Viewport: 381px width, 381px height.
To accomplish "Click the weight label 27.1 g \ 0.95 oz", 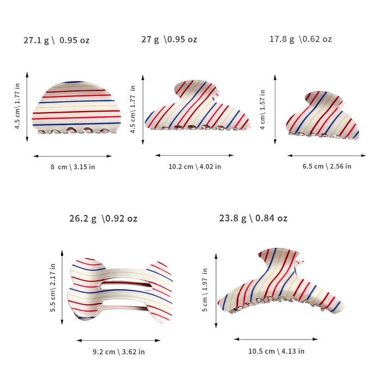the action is point(57,40).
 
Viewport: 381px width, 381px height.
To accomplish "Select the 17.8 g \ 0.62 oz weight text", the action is point(300,39).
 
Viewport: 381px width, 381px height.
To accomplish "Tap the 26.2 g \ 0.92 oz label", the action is point(103,218).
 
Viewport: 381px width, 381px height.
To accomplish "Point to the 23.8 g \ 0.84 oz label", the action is point(253,218).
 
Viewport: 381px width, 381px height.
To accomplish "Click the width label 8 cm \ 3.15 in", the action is point(72,167).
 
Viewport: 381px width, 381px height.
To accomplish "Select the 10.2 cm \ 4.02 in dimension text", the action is point(195,167).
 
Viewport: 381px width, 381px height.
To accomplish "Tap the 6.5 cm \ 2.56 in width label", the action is point(327,167).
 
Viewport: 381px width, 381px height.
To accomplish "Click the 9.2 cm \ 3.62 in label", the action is point(119,352).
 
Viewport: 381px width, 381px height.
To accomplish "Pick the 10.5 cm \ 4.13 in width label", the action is point(276,351).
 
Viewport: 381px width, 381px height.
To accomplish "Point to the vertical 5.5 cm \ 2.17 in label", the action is point(53,288).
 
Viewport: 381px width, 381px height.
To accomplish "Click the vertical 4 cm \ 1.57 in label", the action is point(262,109).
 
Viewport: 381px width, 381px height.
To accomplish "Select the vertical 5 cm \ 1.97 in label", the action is point(205,290).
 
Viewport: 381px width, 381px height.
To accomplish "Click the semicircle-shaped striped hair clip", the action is point(76,108).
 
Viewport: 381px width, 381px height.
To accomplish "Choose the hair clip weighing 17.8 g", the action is point(322,115).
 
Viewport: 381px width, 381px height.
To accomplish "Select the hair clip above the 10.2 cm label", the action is point(197,106).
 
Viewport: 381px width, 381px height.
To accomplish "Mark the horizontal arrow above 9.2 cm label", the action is point(119,340).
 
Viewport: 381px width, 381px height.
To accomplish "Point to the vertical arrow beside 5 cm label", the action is point(216,291).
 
